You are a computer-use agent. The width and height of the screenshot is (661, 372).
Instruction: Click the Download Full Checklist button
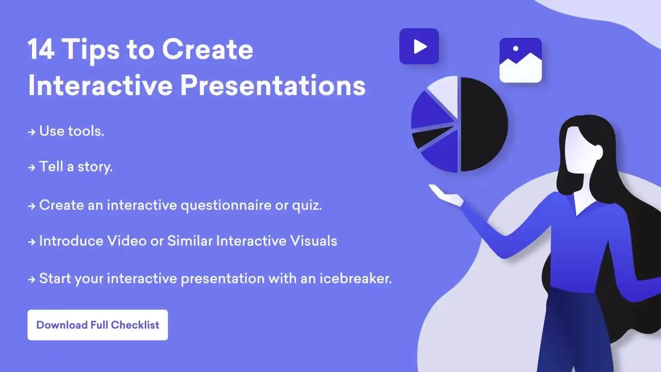click(98, 325)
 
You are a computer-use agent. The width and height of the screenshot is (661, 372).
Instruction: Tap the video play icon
click(419, 47)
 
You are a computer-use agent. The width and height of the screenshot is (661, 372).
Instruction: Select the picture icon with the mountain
click(521, 60)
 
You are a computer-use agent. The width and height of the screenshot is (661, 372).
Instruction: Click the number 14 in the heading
click(41, 49)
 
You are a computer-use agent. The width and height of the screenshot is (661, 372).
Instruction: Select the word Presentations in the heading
click(273, 86)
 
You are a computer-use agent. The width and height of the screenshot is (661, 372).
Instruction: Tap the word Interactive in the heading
click(100, 85)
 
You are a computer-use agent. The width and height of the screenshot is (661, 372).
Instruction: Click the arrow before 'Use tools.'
click(32, 132)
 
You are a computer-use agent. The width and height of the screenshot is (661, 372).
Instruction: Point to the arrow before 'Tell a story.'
click(32, 168)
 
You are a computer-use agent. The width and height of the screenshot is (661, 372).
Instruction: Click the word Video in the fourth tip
click(127, 241)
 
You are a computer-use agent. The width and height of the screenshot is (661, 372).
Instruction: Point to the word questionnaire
click(226, 206)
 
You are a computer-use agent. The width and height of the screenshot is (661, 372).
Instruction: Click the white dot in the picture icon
click(516, 49)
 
